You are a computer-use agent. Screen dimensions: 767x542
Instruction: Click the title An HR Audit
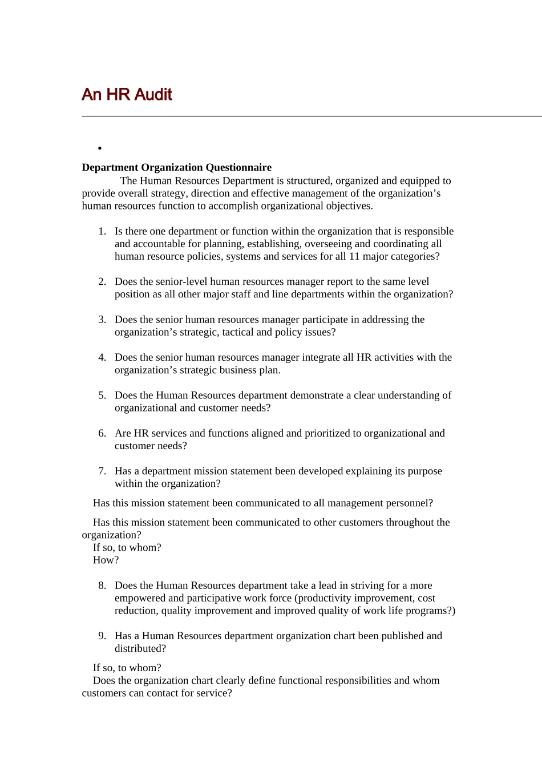point(127,94)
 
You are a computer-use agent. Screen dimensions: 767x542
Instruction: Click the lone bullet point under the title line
point(100,148)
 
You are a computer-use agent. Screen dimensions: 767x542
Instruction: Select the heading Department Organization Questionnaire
point(176,167)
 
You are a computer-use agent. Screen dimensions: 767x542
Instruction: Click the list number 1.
point(102,231)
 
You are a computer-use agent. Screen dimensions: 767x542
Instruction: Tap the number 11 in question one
point(354,256)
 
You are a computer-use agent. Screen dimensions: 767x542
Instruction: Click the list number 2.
point(102,281)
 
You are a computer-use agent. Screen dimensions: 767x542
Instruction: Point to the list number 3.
point(102,320)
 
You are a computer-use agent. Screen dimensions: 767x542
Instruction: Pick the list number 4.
point(102,357)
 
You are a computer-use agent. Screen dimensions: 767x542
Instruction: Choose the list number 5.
point(102,395)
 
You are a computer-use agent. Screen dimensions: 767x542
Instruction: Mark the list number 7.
point(102,471)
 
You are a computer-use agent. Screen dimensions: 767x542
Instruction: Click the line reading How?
point(106,560)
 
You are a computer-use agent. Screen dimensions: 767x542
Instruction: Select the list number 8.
point(102,586)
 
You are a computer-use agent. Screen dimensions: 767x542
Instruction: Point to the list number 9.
point(102,636)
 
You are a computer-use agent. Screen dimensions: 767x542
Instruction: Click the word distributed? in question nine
point(140,648)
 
